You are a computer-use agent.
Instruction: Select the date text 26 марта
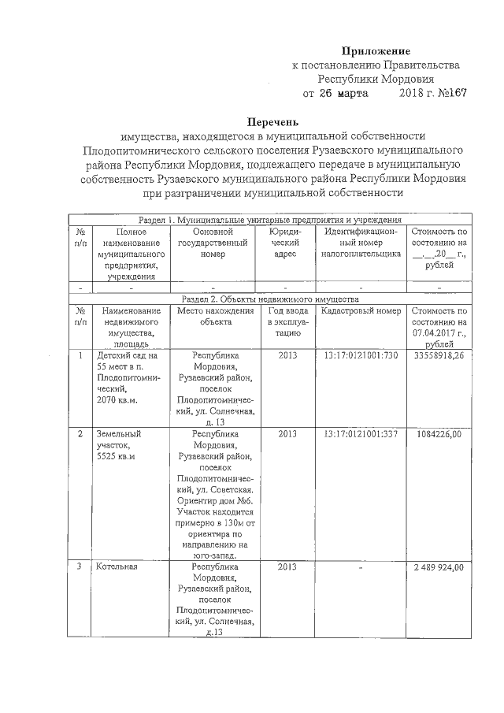[x=338, y=93]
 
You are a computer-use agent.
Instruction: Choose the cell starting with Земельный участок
[x=118, y=444]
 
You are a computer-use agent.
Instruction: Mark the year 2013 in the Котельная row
[x=287, y=567]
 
